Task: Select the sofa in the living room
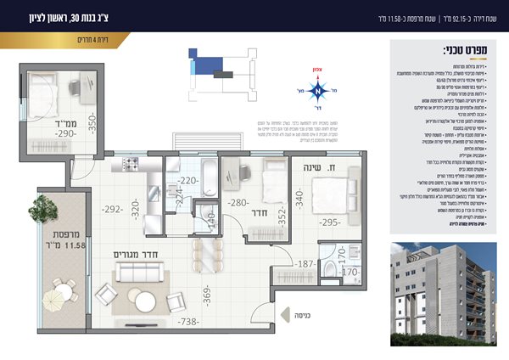[137, 273]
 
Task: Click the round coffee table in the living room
[141, 301]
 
